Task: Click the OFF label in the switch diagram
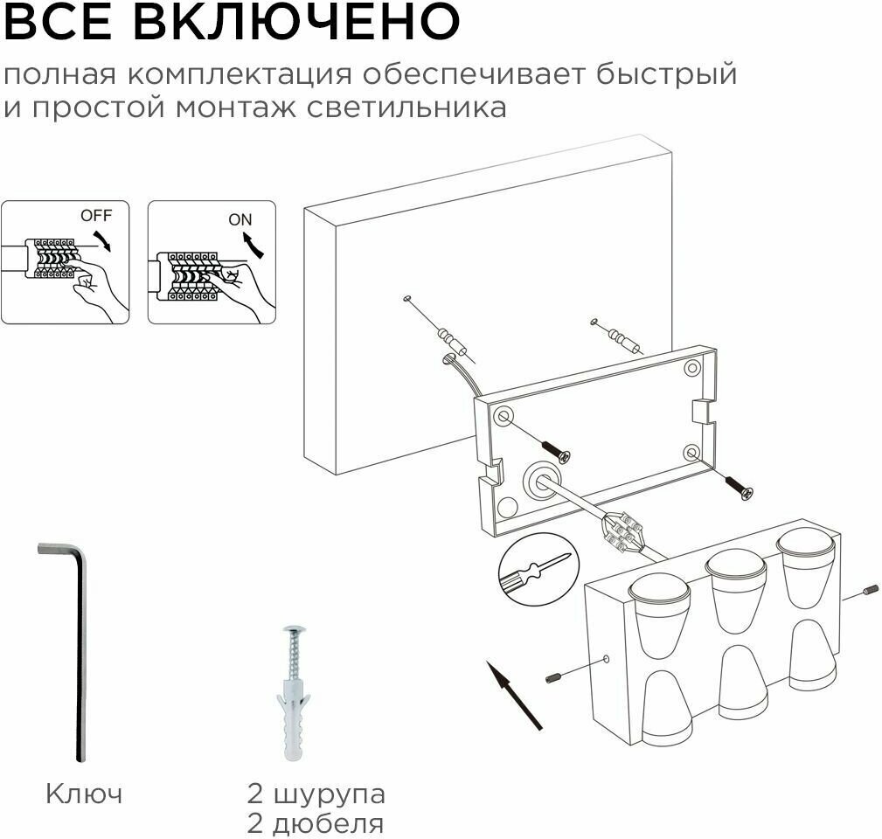coord(96,214)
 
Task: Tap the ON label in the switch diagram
coord(240,219)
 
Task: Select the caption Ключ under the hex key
coord(84,794)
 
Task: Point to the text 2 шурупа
coord(316,794)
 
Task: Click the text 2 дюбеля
coord(316,823)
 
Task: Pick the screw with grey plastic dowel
coord(294,690)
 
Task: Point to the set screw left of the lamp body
coord(554,677)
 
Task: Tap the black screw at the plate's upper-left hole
coord(558,452)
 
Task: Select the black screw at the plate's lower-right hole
coord(740,488)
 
